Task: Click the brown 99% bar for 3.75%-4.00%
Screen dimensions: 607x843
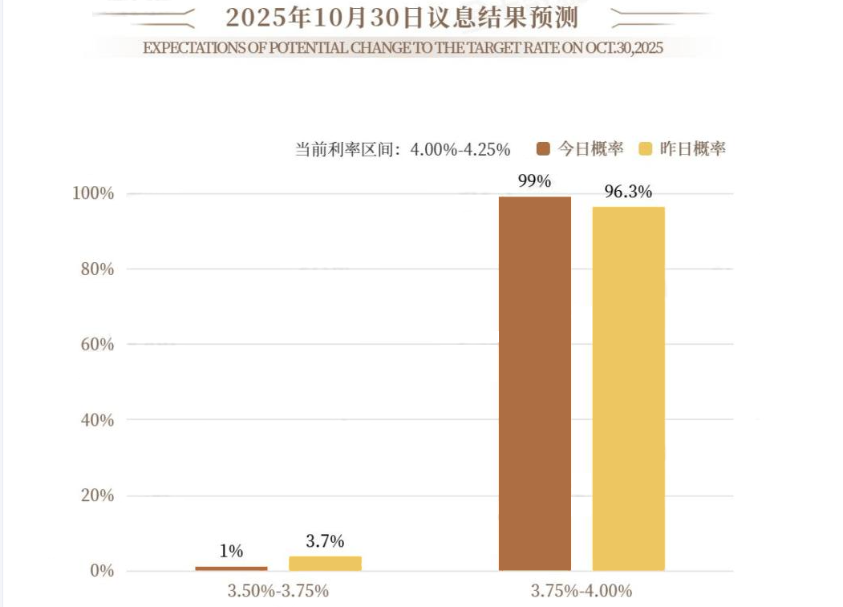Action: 535,383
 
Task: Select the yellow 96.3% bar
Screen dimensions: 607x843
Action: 629,389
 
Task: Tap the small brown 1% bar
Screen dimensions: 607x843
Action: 231,568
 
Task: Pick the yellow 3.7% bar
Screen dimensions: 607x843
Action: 325,563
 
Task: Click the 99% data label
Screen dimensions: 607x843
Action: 534,181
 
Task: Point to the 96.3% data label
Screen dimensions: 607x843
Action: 628,192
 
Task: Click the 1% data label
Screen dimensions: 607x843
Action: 231,551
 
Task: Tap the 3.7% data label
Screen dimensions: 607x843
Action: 325,541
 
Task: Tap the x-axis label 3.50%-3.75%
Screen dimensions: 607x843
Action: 278,591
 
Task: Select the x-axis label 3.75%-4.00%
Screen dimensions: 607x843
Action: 582,591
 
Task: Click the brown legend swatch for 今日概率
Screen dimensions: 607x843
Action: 544,148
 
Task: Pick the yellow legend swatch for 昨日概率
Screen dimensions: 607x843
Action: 645,148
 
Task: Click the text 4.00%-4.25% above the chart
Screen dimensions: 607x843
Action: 460,149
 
